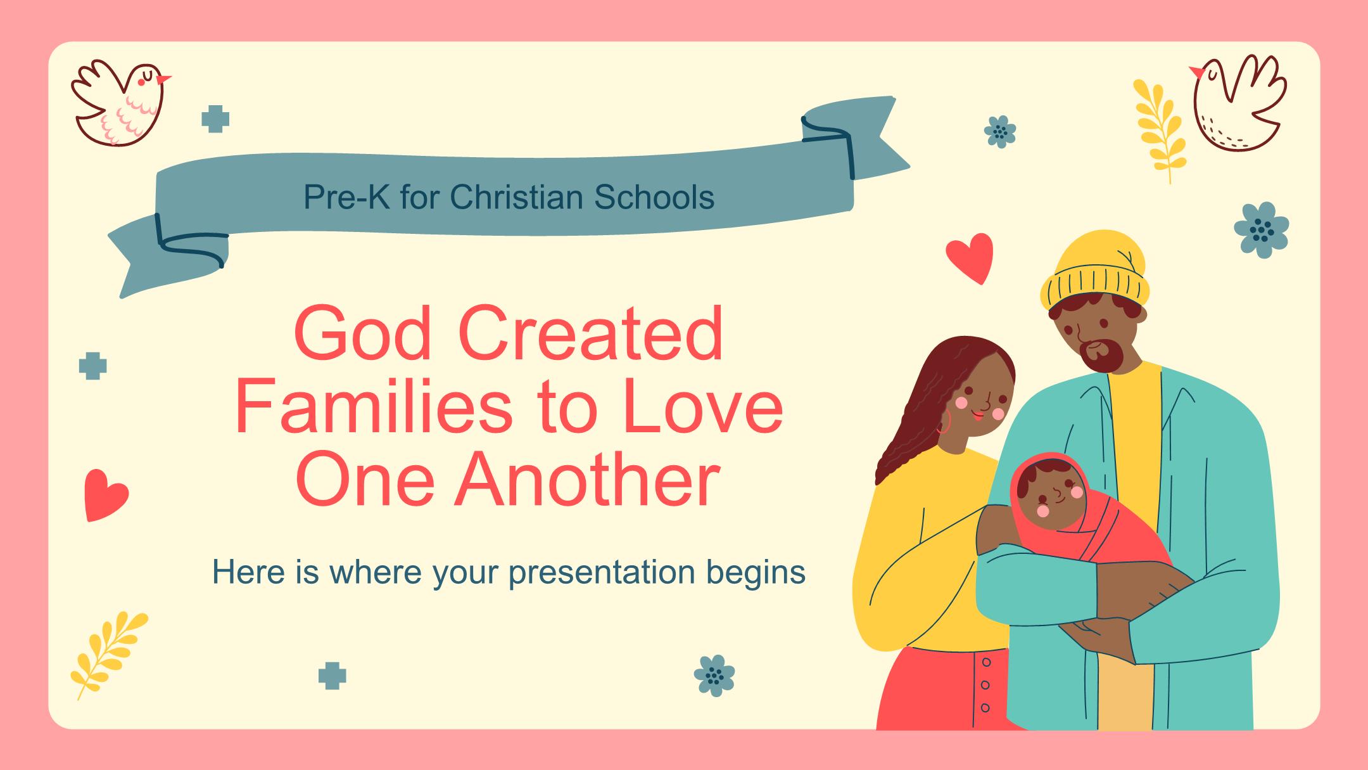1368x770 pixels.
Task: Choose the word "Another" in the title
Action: click(x=586, y=479)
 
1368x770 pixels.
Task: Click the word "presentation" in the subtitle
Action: click(x=598, y=573)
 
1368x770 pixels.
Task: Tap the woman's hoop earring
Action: click(x=944, y=423)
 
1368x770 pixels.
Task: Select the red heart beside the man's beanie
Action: click(x=969, y=258)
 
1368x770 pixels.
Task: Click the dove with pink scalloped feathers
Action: click(x=120, y=101)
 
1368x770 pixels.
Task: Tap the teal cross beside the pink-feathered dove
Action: click(x=215, y=119)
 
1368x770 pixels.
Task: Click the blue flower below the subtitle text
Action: click(x=714, y=676)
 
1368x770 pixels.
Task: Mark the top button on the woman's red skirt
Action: click(x=985, y=663)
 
